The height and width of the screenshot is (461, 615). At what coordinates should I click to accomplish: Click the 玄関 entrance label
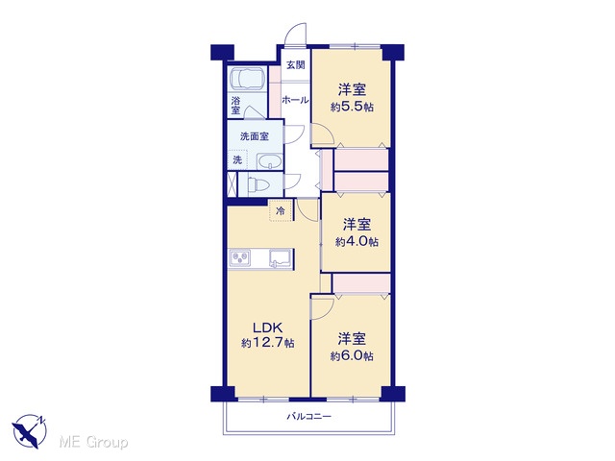[295, 65]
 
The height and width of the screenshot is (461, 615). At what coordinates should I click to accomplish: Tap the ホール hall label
[295, 100]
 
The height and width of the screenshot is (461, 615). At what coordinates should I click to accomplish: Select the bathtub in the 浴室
[248, 79]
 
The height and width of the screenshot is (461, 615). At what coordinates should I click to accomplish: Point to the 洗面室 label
[255, 136]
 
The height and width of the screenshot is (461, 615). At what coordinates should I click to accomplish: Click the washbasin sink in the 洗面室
[269, 161]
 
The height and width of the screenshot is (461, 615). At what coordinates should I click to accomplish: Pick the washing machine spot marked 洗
[237, 159]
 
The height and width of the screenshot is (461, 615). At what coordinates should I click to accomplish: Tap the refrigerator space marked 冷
[281, 211]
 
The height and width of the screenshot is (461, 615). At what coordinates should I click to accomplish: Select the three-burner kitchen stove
[240, 258]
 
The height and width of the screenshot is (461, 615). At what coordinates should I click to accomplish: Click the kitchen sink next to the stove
[281, 258]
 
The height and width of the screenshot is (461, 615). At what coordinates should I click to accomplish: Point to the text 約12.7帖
[268, 344]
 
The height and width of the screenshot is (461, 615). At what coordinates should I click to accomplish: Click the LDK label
[267, 327]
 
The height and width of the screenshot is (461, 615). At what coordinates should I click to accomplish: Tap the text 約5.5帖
[352, 107]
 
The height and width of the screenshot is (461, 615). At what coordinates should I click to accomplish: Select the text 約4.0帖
[357, 242]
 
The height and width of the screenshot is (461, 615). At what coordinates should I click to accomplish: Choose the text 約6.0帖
[352, 356]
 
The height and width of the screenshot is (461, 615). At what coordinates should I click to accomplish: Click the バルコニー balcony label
[308, 416]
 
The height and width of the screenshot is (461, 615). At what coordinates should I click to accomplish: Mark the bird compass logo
[29, 431]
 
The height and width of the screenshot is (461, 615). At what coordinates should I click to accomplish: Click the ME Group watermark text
[93, 443]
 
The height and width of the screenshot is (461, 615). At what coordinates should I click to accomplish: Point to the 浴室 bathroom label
[235, 106]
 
